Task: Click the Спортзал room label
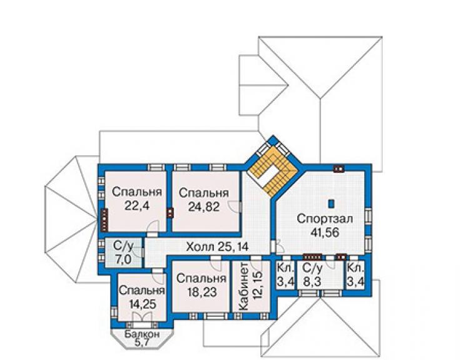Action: point(325,219)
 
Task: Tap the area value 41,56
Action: point(325,233)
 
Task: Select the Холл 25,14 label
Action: point(217,246)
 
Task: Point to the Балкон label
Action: point(142,334)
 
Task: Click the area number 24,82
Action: point(204,207)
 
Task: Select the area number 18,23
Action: point(202,292)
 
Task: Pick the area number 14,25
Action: point(142,304)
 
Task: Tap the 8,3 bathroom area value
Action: point(312,282)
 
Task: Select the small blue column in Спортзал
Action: point(332,203)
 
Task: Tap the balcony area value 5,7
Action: point(142,342)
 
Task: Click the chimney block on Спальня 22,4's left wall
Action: point(104,219)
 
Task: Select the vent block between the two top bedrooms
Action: point(170,213)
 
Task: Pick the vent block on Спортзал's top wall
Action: point(338,168)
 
